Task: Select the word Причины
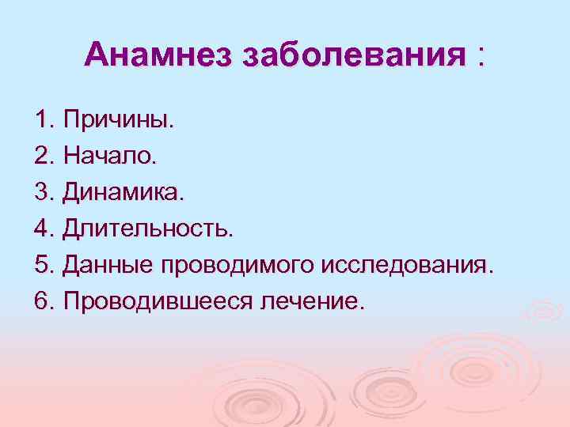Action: [119, 122]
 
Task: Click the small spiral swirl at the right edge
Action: [545, 311]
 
